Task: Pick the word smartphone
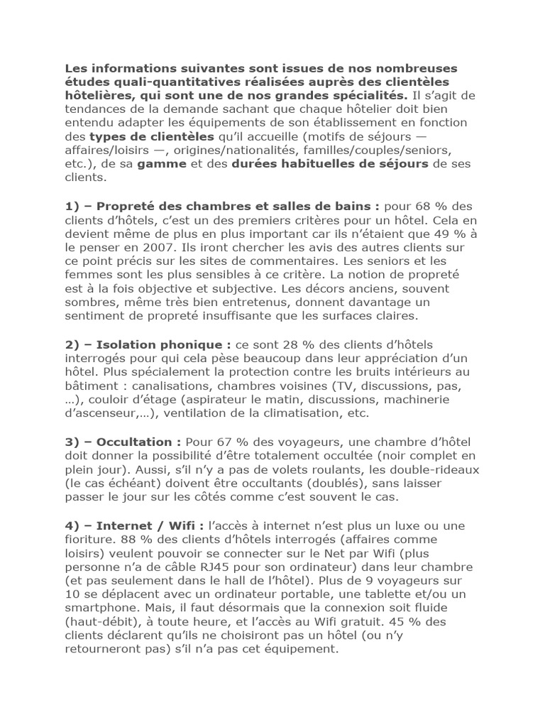click(x=100, y=608)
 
